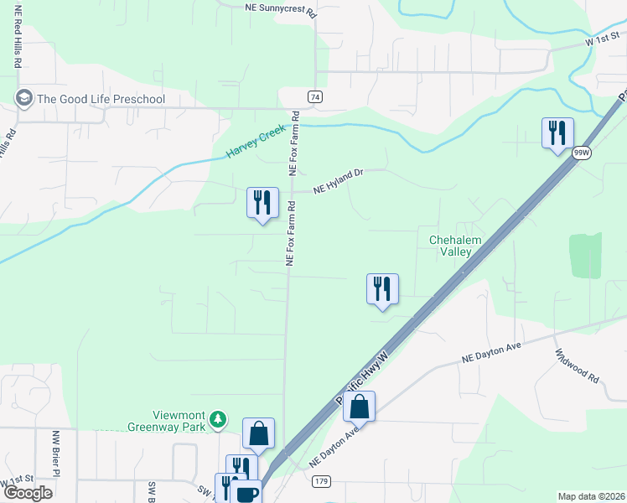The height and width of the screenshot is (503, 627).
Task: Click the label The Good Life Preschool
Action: (101, 99)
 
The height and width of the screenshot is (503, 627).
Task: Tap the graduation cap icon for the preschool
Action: (23, 99)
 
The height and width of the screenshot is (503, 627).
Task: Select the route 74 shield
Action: (314, 96)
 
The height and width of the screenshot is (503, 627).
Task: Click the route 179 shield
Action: (322, 481)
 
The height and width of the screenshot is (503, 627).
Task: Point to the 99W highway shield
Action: (582, 153)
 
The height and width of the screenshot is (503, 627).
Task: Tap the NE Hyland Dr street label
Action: (338, 182)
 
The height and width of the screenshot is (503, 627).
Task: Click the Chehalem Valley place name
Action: (455, 246)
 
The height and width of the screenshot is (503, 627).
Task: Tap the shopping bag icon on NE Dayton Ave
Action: (359, 407)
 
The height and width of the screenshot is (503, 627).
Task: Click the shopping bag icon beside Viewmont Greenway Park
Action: (258, 434)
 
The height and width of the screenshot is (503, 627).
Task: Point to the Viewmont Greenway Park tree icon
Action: (218, 417)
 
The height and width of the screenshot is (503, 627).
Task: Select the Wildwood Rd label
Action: (578, 366)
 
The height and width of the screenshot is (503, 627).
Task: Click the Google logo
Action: (28, 492)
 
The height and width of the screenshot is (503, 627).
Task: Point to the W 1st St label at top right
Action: (601, 40)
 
